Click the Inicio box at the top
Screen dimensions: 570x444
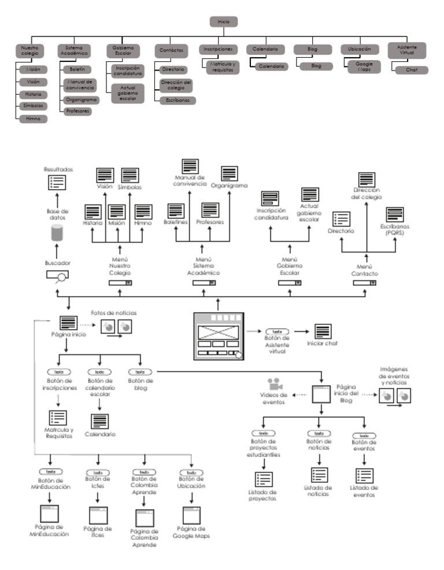pyautogui.click(x=224, y=21)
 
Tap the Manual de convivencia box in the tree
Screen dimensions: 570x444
pyautogui.click(x=80, y=85)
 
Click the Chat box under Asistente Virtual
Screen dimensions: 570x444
pyautogui.click(x=412, y=70)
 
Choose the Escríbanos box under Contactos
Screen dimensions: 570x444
pyautogui.click(x=175, y=100)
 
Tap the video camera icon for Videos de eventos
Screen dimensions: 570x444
pyautogui.click(x=273, y=384)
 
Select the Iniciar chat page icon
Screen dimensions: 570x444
pyautogui.click(x=322, y=332)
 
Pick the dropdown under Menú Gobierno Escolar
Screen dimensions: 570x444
pyautogui.click(x=290, y=283)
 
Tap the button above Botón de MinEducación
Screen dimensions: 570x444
pyautogui.click(x=50, y=472)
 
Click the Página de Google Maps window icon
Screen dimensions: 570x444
pyautogui.click(x=191, y=516)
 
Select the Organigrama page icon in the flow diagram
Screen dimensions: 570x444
pyautogui.click(x=229, y=174)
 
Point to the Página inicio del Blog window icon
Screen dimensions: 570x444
pyautogui.click(x=320, y=394)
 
